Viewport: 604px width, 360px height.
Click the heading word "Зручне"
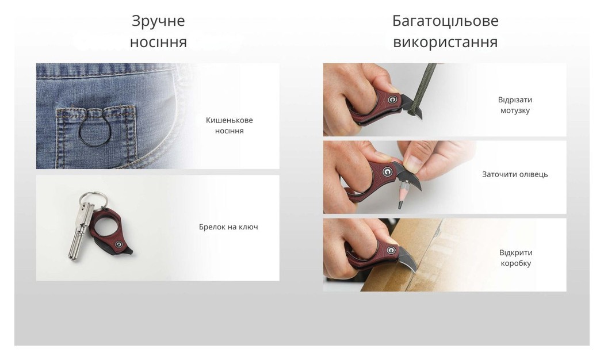(158, 21)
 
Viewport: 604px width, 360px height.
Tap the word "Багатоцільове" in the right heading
(445, 21)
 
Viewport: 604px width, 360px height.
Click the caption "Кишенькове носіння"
(229, 125)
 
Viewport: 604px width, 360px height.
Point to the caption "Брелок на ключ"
(228, 227)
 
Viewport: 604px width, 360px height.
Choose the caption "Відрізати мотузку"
(515, 105)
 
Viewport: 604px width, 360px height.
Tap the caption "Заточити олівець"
(515, 174)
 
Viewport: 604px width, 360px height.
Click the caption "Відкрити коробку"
(515, 258)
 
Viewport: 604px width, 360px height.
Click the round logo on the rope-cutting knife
(393, 99)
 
